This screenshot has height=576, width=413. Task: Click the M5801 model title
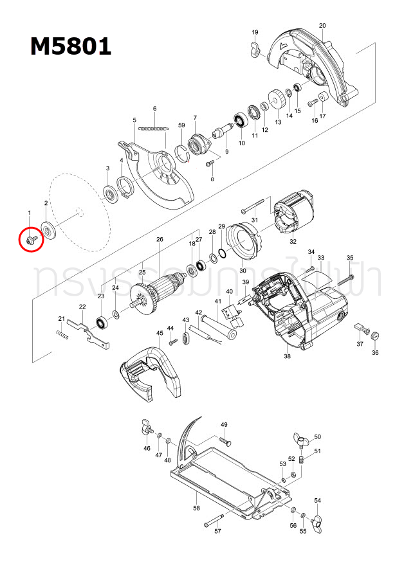(71, 46)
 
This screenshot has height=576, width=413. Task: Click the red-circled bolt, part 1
(30, 239)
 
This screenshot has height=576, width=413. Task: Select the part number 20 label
(322, 26)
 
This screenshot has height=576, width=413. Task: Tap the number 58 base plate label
(196, 508)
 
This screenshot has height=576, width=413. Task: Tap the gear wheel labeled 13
(278, 100)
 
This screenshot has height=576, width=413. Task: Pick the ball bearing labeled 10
(242, 120)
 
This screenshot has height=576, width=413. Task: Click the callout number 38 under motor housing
(287, 356)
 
